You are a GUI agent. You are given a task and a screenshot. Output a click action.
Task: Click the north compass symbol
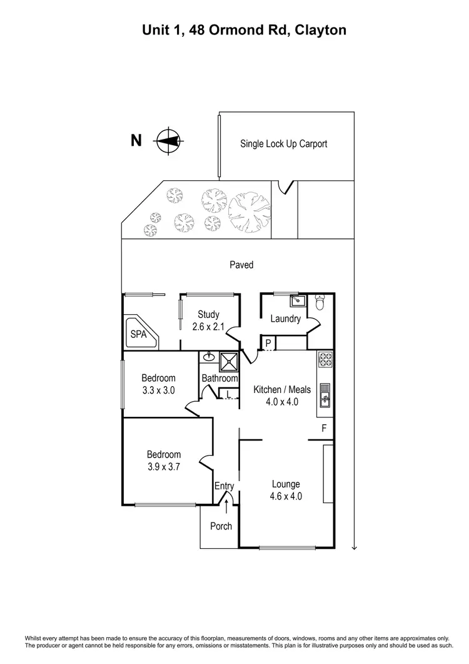click(x=168, y=140)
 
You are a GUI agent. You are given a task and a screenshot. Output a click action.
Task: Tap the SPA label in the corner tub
click(x=138, y=334)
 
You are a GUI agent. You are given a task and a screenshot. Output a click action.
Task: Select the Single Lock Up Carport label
click(x=284, y=143)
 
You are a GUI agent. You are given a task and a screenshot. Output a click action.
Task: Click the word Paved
click(x=241, y=265)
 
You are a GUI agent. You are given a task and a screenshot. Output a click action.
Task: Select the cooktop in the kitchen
click(x=325, y=360)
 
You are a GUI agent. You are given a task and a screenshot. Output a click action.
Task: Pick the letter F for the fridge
click(x=324, y=429)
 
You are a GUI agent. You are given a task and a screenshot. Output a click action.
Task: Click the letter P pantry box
click(x=268, y=343)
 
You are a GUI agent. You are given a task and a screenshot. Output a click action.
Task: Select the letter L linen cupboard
click(x=229, y=393)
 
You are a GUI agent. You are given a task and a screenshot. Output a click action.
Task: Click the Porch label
click(x=221, y=526)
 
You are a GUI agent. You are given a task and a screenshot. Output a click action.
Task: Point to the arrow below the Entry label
click(x=226, y=503)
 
